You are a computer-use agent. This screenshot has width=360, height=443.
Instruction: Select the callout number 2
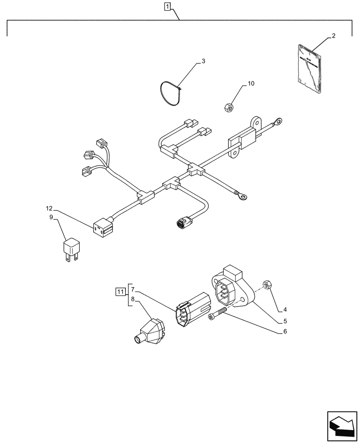click(x=333, y=36)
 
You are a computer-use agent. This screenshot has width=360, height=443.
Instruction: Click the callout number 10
click(x=251, y=83)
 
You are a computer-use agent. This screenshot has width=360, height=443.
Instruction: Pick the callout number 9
click(x=51, y=217)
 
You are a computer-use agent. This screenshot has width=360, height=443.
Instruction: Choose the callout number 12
click(x=49, y=208)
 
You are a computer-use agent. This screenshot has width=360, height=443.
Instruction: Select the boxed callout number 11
click(x=120, y=291)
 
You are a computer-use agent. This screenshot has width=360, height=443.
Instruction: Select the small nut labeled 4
click(x=267, y=284)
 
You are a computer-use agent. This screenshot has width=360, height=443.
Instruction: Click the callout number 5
click(x=285, y=321)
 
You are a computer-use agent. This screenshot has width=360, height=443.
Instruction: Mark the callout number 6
click(x=285, y=331)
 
